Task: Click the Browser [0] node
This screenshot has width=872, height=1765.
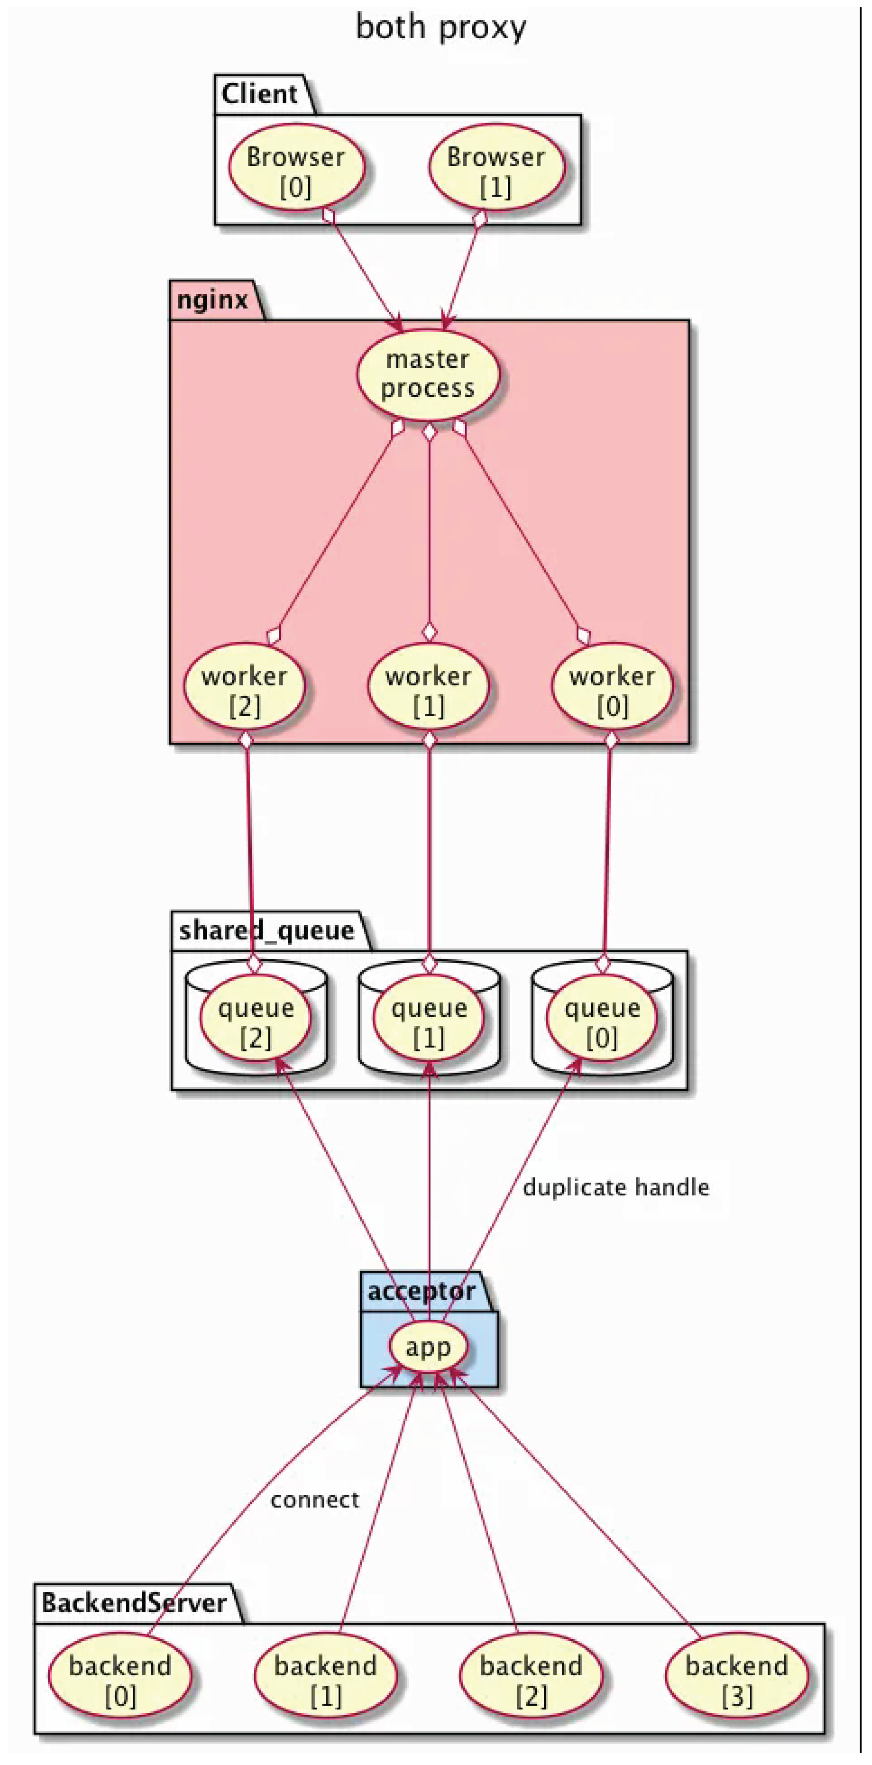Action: pyautogui.click(x=295, y=171)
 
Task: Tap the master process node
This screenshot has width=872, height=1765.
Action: pyautogui.click(x=428, y=374)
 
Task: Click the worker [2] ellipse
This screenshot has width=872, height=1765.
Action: pyautogui.click(x=245, y=690)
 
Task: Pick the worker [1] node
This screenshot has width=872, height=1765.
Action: pyautogui.click(x=428, y=690)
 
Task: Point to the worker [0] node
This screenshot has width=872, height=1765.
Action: pyautogui.click(x=612, y=690)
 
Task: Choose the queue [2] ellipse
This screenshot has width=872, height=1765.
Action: pyautogui.click(x=256, y=1022)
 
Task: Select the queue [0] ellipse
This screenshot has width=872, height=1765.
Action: pyautogui.click(x=602, y=1022)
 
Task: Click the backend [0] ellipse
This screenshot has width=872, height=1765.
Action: pyautogui.click(x=120, y=1680)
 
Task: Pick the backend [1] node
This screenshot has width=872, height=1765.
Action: pyautogui.click(x=326, y=1680)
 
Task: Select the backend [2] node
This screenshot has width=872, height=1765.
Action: pyautogui.click(x=531, y=1680)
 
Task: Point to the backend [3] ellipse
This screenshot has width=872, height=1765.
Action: pyautogui.click(x=737, y=1680)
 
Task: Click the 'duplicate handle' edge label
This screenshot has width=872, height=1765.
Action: pyautogui.click(x=616, y=1187)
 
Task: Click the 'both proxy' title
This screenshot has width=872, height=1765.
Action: pyautogui.click(x=441, y=27)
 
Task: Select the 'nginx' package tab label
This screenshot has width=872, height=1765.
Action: pyautogui.click(x=213, y=300)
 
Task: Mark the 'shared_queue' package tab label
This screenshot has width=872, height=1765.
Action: pyautogui.click(x=266, y=930)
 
